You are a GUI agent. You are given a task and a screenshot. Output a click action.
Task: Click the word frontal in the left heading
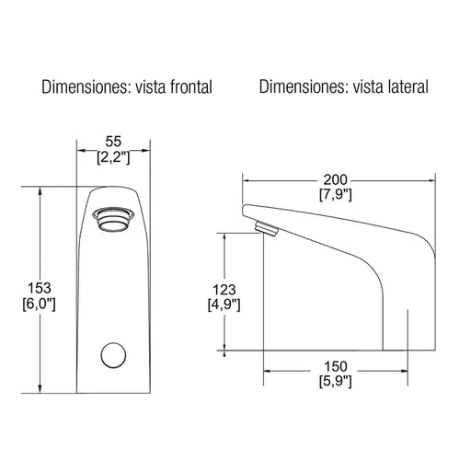pos(191,86)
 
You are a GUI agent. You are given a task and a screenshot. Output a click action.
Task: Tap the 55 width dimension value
pos(113,142)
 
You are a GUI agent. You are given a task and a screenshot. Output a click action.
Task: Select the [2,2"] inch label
pos(113,157)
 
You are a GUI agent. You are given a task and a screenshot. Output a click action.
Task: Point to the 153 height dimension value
pos(40,288)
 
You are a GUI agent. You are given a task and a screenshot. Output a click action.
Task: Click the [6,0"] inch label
pos(40,304)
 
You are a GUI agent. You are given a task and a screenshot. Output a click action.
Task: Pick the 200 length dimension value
pos(336,179)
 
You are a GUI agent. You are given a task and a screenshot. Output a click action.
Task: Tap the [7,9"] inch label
pos(336,194)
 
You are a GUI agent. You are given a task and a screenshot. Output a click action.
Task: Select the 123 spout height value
pos(224,290)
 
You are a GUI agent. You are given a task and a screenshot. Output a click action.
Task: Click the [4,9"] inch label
pos(224,304)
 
